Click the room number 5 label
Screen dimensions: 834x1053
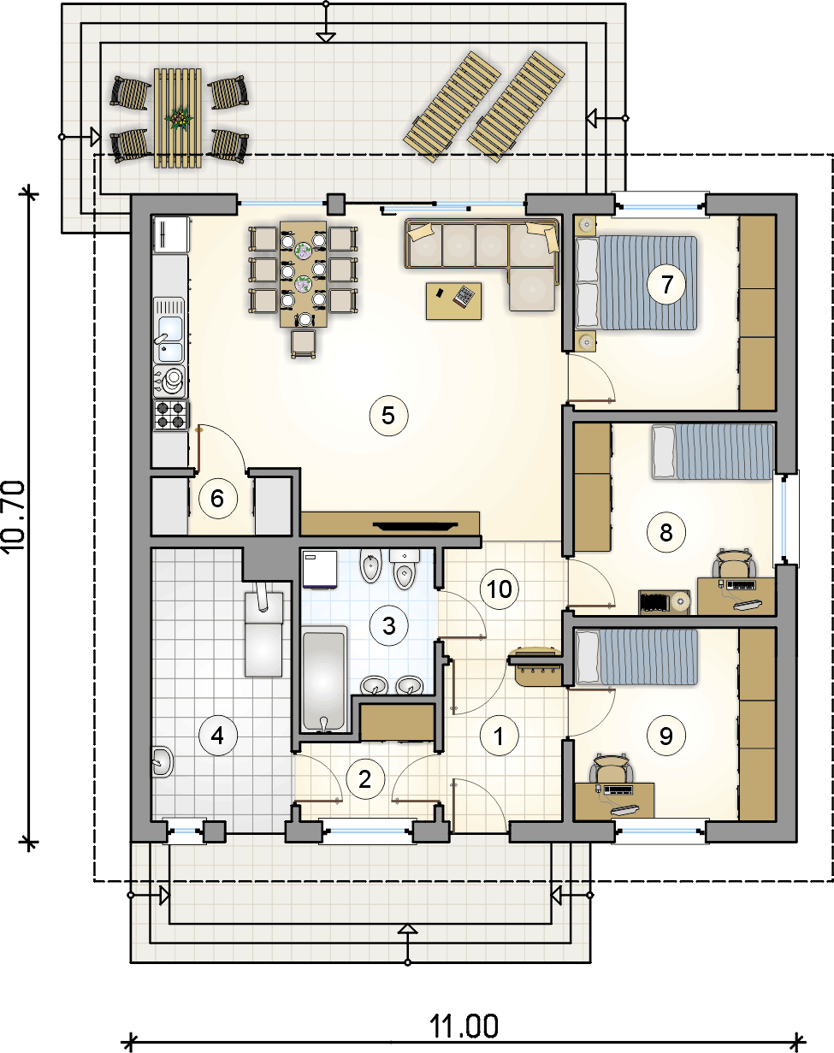click(388, 416)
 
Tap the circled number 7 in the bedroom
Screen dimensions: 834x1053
click(666, 284)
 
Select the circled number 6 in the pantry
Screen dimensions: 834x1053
click(218, 499)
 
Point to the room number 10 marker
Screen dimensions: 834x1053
click(499, 589)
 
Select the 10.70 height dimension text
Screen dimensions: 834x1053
click(14, 517)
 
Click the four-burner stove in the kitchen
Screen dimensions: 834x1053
click(171, 415)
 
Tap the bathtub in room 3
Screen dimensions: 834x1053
click(324, 680)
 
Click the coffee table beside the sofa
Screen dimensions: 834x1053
click(453, 301)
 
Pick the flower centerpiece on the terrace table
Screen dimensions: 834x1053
click(178, 118)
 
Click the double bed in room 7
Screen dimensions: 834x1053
click(636, 283)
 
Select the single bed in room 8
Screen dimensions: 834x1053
click(713, 452)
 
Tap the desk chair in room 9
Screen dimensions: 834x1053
click(612, 769)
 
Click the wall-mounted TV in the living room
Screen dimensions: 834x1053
click(415, 526)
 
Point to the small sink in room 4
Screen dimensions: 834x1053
click(163, 761)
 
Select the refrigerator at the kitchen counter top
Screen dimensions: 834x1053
click(171, 235)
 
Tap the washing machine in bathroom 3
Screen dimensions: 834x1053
click(320, 569)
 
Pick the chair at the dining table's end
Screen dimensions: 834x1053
click(304, 344)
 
